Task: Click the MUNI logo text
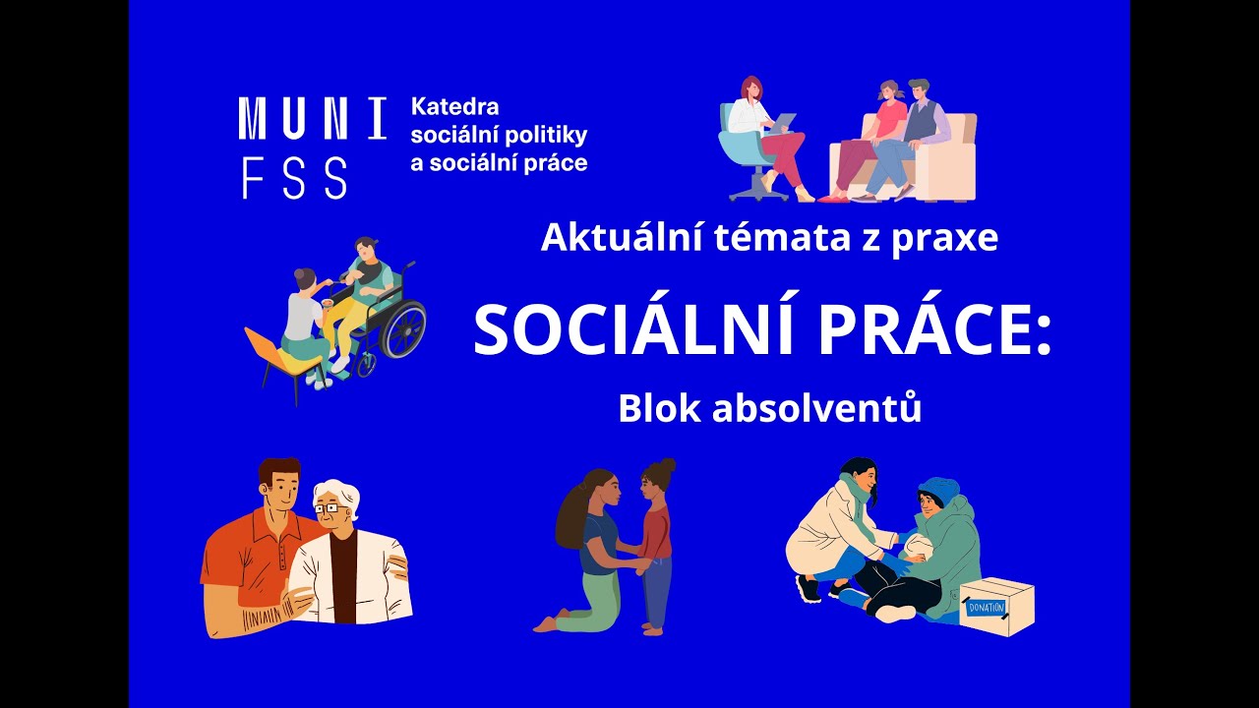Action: (312, 119)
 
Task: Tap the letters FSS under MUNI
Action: (294, 178)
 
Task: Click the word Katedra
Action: (454, 106)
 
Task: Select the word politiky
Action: (546, 135)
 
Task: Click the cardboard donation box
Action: (996, 606)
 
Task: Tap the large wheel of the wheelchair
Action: (402, 330)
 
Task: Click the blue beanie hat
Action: (938, 489)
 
